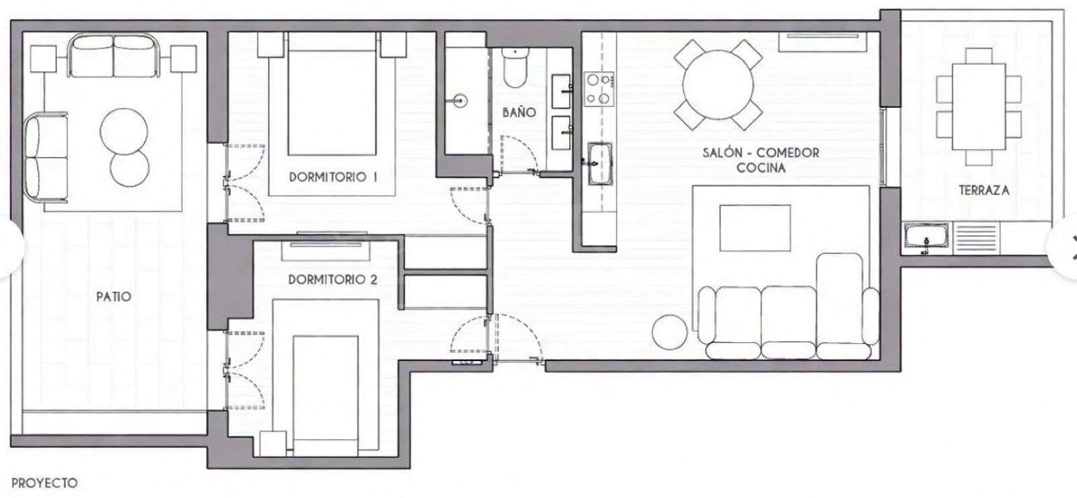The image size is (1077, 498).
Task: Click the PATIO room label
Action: pos(113,297)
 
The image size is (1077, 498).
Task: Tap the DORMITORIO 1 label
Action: pos(333,178)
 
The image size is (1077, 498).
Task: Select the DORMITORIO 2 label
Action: pos(333,279)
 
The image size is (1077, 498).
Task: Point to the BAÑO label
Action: pos(519,112)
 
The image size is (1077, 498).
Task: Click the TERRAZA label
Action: pos(984,191)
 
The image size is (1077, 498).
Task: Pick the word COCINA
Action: pos(761,168)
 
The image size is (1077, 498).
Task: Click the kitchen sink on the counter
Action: pos(598,163)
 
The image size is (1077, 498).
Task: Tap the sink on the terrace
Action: pos(926,239)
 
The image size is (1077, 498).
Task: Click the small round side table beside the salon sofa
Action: pos(670,332)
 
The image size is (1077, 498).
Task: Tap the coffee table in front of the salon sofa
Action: pos(755,228)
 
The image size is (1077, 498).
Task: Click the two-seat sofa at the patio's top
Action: pos(113,56)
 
